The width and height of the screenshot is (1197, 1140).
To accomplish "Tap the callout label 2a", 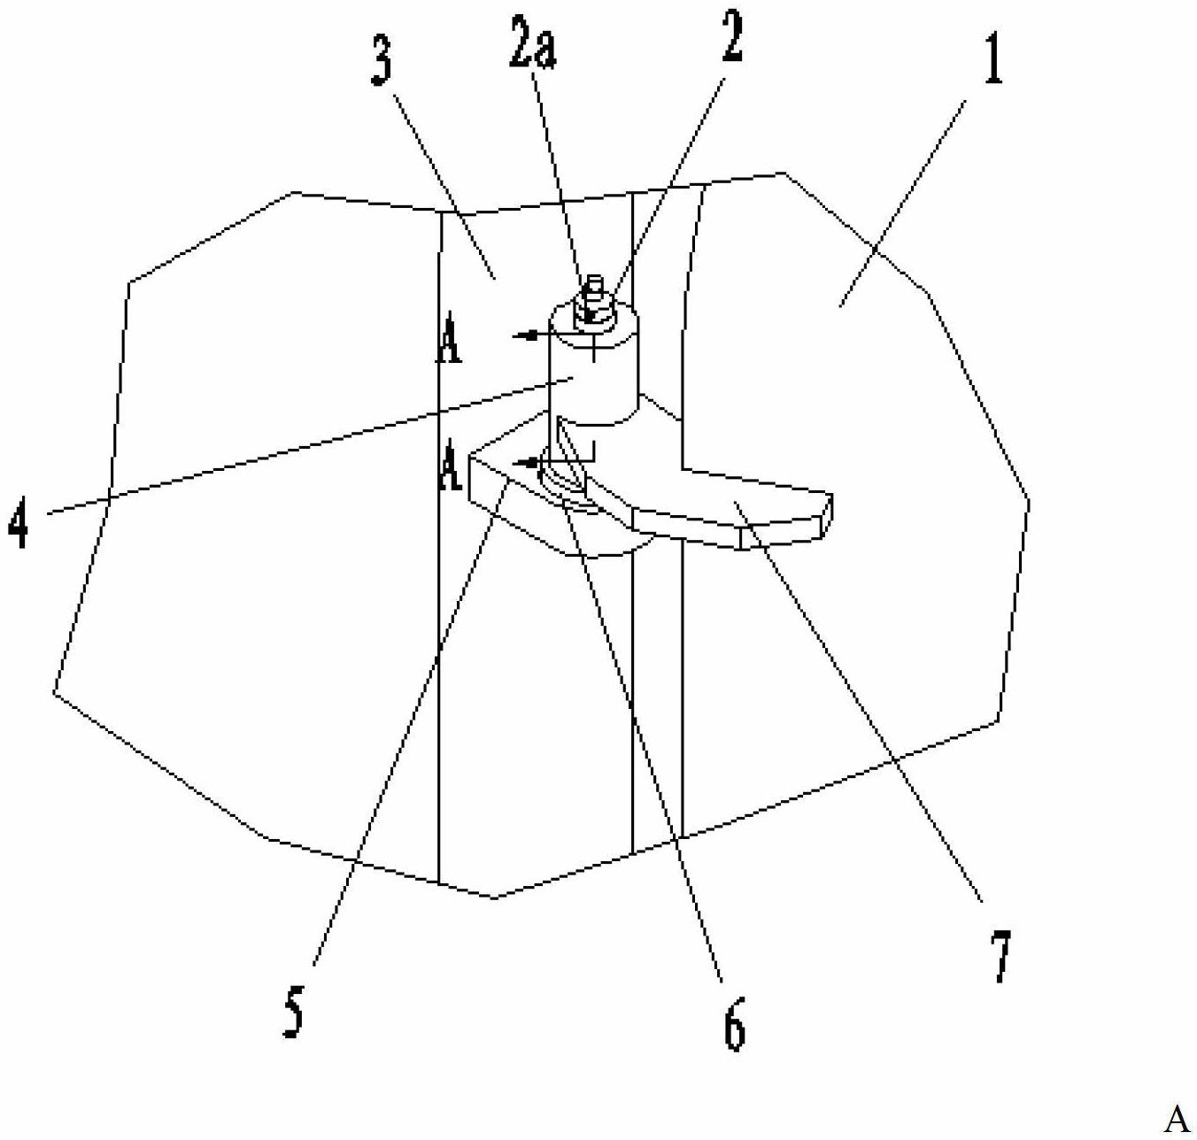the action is click(532, 44).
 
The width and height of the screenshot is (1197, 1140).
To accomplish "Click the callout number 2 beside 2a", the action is click(732, 38).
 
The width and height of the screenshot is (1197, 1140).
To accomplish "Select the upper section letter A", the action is click(449, 346).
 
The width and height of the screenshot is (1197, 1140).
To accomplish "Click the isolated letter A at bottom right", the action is click(1178, 1118).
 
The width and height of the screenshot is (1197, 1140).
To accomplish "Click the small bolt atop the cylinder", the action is click(594, 298).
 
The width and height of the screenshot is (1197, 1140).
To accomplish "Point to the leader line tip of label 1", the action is click(840, 306).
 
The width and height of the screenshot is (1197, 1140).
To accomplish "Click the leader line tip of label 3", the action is click(496, 280).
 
